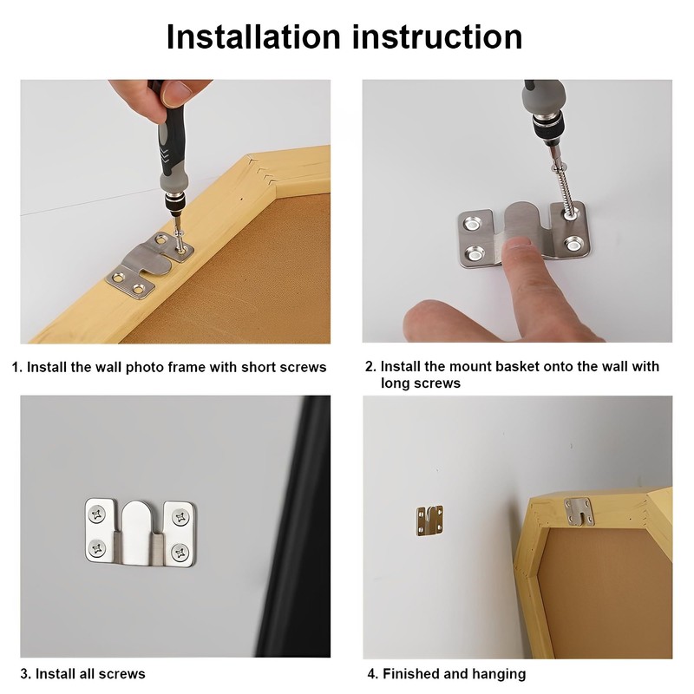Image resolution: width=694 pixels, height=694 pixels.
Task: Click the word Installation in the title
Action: point(253,36)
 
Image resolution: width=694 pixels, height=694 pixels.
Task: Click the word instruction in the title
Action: point(437,36)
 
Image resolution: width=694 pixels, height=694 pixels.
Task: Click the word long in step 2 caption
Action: point(396,383)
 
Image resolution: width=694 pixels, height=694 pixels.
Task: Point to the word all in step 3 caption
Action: point(88,674)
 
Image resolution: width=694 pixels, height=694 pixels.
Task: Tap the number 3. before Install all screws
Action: point(26,674)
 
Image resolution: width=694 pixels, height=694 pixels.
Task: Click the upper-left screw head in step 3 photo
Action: point(97,514)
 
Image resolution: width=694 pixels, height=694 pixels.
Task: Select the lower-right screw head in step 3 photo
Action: point(180,553)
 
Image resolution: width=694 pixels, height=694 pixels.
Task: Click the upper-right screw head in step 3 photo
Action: point(180,517)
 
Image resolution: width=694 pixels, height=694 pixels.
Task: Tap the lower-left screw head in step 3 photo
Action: point(97,549)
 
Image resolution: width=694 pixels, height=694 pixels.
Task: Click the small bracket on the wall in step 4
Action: point(429,520)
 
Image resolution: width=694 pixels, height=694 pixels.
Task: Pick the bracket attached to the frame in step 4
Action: point(578,510)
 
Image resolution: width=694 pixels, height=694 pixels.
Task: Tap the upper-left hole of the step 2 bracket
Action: point(471,225)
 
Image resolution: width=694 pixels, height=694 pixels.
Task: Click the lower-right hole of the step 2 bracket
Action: point(574,246)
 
